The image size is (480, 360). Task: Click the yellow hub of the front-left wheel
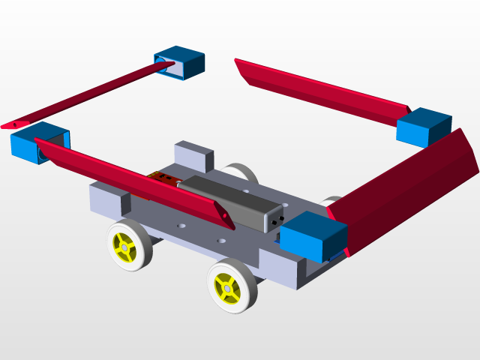tap(124, 244)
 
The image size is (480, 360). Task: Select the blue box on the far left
tap(37, 142)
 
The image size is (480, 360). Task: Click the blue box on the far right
tap(424, 126)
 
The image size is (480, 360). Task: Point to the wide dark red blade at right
tap(412, 187)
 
